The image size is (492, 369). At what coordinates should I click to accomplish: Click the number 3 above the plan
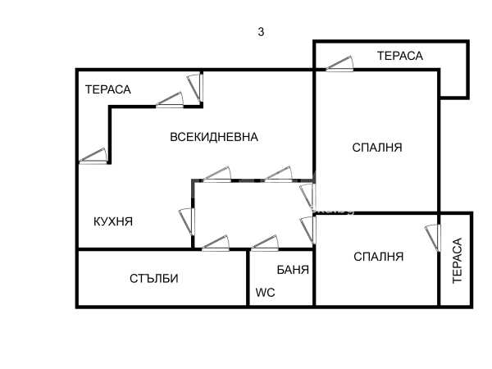[261, 32]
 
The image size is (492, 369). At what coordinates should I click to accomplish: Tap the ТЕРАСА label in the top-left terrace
[108, 89]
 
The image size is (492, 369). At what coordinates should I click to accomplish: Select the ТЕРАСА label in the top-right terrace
[399, 56]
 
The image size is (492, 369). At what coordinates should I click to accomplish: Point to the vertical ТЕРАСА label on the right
[458, 261]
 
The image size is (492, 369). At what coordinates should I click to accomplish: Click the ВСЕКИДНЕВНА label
[214, 137]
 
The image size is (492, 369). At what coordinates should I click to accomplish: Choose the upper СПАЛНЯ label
[376, 148]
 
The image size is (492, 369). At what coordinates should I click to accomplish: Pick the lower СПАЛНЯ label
[378, 256]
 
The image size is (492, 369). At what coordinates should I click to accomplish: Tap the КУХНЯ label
[113, 221]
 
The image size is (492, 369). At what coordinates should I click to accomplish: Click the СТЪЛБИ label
[153, 278]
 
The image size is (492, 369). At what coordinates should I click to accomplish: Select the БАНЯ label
[293, 269]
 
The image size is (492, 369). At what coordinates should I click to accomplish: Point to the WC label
[264, 292]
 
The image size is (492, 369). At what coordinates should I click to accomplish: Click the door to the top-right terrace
[339, 63]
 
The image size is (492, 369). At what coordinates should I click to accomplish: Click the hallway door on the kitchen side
[186, 220]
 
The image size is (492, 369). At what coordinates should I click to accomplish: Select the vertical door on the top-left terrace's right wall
[195, 87]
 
